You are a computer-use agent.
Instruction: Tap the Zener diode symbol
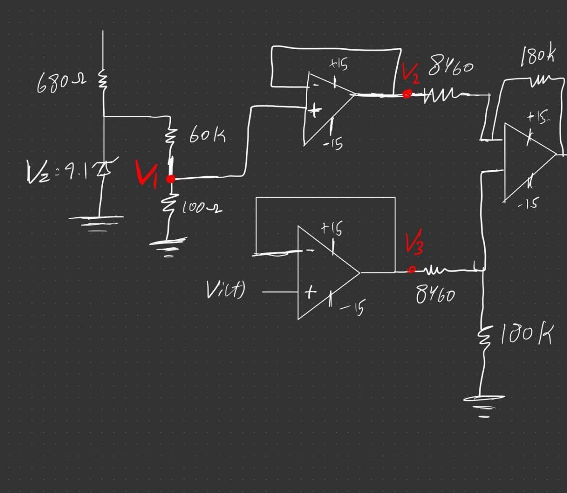click(x=105, y=168)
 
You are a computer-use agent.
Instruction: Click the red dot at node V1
click(x=170, y=179)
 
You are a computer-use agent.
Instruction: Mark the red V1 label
click(x=147, y=174)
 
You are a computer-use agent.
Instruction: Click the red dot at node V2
click(x=407, y=94)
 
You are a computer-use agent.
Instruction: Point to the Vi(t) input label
click(x=225, y=289)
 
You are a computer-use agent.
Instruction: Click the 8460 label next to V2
click(x=451, y=68)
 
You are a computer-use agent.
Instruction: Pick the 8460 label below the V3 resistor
click(x=435, y=295)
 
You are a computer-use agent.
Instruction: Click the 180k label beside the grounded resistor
click(x=526, y=335)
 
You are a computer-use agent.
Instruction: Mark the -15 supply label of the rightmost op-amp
click(x=528, y=204)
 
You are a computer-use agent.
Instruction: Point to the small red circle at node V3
click(x=411, y=270)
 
